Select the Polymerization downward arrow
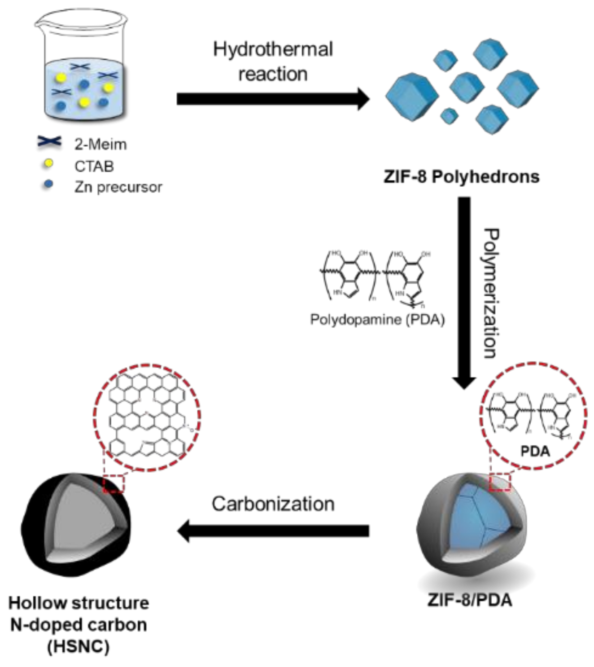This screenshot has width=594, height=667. click(x=464, y=292)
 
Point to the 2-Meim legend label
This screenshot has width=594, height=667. click(x=100, y=145)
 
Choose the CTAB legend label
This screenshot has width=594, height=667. click(x=94, y=166)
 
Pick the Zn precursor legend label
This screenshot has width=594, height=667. click(x=118, y=187)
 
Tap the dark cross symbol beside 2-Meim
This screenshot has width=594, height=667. click(x=49, y=142)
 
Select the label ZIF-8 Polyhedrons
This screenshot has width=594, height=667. click(x=461, y=176)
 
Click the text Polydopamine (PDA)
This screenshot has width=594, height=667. click(x=377, y=320)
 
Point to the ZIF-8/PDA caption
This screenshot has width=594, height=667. click(x=470, y=600)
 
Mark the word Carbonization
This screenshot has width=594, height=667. click(x=273, y=504)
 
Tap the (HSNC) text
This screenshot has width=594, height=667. click(x=79, y=647)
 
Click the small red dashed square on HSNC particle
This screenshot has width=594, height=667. click(x=114, y=484)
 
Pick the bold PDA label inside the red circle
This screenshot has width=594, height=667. click(x=535, y=451)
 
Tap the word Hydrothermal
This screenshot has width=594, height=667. click(x=273, y=49)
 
